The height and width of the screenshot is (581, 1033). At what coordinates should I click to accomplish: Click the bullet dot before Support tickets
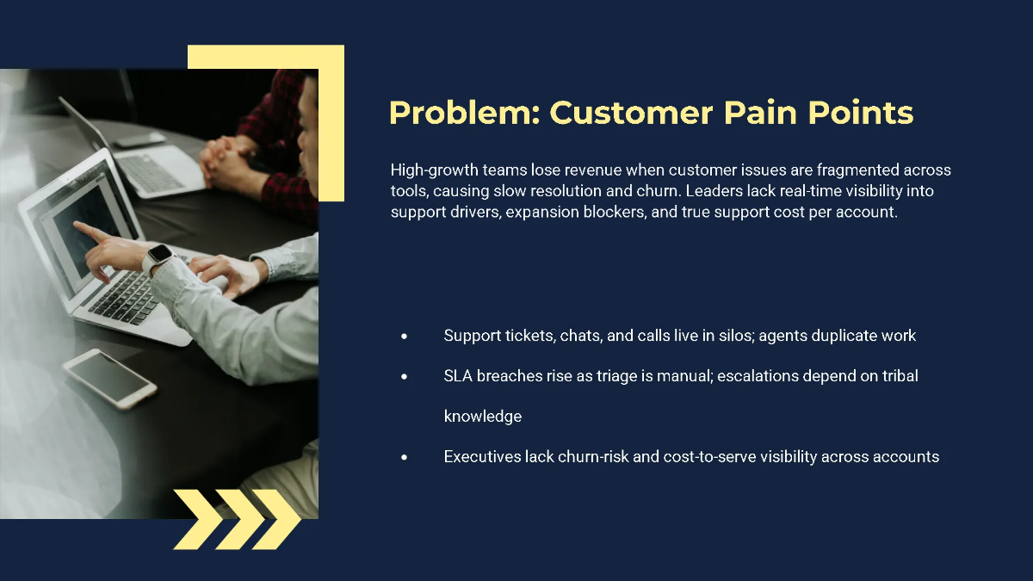tap(404, 336)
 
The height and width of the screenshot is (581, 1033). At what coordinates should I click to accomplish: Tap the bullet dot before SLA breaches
tap(404, 376)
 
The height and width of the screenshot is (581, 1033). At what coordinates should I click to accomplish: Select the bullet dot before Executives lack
tap(404, 457)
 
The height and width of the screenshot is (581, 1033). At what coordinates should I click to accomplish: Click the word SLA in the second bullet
tap(458, 376)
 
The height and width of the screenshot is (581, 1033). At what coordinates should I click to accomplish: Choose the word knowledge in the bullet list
tap(483, 417)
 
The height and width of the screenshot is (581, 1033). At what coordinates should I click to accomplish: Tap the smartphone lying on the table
tap(109, 376)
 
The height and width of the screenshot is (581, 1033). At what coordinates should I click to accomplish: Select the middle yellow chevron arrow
tap(237, 519)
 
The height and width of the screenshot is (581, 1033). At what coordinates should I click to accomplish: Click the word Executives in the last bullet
tap(482, 457)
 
